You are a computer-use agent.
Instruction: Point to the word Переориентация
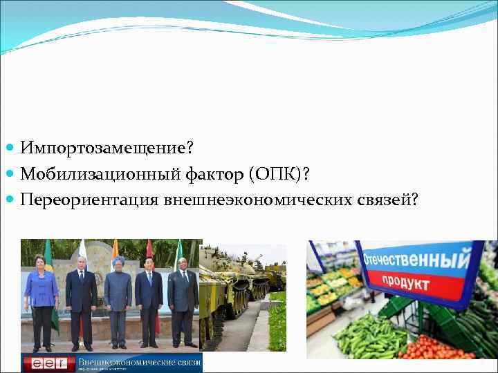[x=90, y=199]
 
